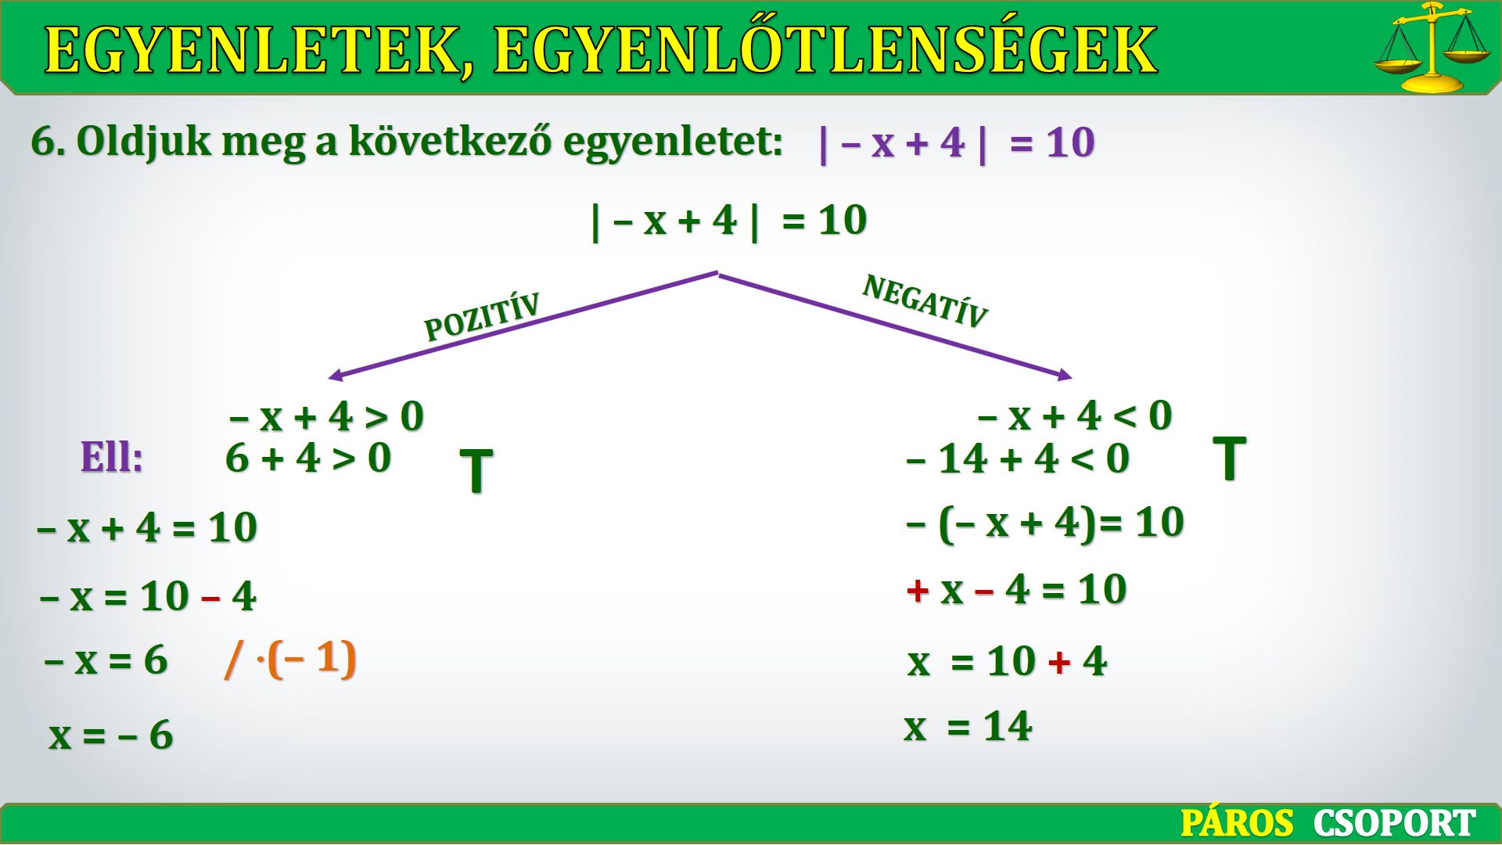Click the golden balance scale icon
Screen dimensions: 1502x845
1432,47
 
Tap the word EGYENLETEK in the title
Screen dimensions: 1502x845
259,50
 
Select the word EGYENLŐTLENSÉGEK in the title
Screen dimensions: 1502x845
825,49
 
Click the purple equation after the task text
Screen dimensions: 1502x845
956,142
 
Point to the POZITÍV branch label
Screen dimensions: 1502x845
482,317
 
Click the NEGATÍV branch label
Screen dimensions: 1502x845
925,301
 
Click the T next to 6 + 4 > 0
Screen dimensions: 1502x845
476,471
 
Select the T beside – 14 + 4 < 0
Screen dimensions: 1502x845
1229,458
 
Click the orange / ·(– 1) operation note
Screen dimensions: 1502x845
290,659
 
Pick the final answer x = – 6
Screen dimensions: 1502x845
111,735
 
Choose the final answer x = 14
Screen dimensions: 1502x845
968,725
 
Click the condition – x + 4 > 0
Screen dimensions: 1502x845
326,415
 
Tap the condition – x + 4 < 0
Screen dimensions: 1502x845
1075,415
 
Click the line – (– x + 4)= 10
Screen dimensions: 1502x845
1045,523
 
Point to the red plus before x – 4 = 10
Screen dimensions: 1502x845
918,590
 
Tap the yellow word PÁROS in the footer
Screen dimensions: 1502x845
1237,823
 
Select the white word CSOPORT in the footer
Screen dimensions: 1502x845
1394,823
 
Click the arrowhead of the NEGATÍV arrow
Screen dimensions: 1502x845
1065,375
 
